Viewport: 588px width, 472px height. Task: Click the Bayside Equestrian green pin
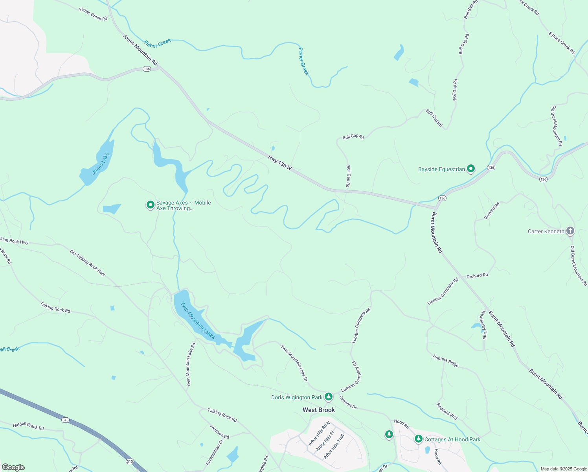pos(471,169)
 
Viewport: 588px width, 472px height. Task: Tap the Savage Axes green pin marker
pos(150,205)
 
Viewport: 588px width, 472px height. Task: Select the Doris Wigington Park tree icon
pos(329,397)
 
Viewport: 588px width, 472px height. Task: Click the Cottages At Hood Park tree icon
pos(419,439)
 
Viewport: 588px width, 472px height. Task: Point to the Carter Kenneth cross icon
pos(570,231)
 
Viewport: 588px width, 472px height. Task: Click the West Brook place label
pos(319,410)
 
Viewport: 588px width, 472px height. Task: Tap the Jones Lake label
pos(100,164)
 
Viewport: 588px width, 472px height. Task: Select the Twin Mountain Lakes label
pos(198,320)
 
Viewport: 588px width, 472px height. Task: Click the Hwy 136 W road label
pos(280,162)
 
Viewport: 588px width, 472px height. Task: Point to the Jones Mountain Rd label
pos(140,50)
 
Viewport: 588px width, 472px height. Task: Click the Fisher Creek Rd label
pos(93,14)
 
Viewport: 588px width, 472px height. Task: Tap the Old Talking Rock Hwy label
pos(88,263)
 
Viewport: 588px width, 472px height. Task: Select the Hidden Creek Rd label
pos(28,426)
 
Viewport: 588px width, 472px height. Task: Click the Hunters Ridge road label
pos(446,361)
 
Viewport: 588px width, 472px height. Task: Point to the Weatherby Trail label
pos(483,324)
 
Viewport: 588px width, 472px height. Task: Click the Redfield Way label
pos(447,411)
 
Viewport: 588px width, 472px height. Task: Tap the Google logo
pos(13,467)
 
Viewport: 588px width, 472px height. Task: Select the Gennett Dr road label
pos(348,402)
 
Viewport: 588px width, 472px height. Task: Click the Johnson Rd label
pos(219,431)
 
